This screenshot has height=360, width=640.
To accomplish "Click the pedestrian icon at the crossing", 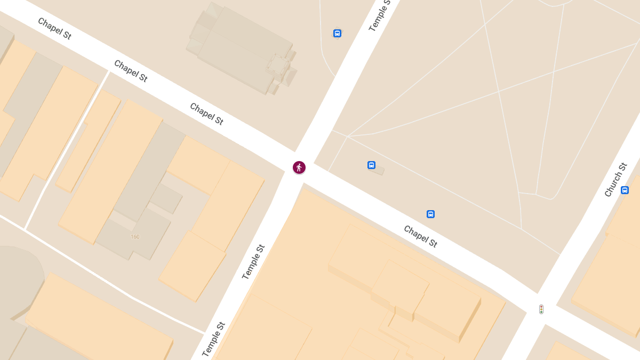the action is (x=299, y=167).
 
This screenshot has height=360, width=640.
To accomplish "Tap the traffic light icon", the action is (x=541, y=309).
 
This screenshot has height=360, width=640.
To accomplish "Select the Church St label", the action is (x=615, y=180).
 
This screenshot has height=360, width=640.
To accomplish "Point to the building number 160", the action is (x=135, y=236).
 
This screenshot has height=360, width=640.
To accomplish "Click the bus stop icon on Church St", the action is (x=625, y=190).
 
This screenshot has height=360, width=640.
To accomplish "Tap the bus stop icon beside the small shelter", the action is (x=371, y=165).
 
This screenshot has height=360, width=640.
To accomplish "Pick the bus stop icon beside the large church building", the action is (x=337, y=33).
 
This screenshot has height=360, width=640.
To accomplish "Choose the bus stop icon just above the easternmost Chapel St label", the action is (x=430, y=214).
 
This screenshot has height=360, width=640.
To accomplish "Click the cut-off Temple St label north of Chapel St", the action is (x=380, y=15).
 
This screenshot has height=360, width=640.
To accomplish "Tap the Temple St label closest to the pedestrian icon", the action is (x=253, y=262).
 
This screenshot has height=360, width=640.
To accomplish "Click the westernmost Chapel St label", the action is (x=54, y=28).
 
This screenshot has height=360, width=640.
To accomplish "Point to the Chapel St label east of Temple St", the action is (x=420, y=236).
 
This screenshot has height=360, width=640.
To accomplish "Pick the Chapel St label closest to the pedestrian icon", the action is (x=206, y=114).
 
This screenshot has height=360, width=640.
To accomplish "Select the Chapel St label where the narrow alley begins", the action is (x=131, y=71).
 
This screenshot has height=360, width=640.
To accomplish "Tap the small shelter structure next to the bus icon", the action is (x=377, y=170).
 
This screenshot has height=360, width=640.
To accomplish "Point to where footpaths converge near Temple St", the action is (x=347, y=136).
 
